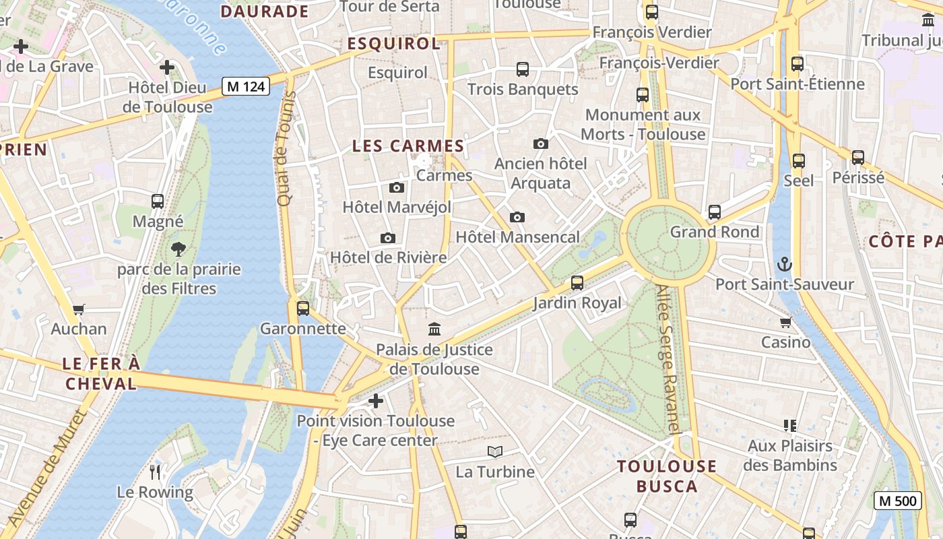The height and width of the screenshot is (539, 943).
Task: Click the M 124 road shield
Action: (x=247, y=86)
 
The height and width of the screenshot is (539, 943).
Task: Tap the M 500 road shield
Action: (x=898, y=501)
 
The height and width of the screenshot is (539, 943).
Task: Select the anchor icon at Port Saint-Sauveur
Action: (x=784, y=264)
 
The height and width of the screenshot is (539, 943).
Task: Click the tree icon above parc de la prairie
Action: (x=178, y=249)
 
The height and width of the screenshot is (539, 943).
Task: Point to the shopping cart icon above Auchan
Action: (x=79, y=309)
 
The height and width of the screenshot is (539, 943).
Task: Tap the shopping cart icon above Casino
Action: (x=785, y=322)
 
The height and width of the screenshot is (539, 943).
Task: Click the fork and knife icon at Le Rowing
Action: (x=155, y=472)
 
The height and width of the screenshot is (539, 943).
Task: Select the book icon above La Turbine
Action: (x=495, y=452)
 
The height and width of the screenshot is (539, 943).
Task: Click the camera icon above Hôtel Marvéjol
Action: (x=397, y=187)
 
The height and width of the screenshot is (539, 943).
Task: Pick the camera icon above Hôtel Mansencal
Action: (x=517, y=217)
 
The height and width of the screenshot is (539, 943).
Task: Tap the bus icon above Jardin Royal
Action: (x=577, y=283)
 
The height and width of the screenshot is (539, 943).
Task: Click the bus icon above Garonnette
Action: (x=303, y=309)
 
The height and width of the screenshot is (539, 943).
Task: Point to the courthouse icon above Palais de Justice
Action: (x=434, y=329)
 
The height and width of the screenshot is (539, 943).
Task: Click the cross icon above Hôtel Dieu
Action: (x=167, y=67)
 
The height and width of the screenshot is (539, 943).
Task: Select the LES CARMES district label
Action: (x=408, y=146)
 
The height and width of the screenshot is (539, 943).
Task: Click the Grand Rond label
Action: (x=714, y=232)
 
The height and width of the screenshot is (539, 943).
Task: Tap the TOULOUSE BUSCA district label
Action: (x=667, y=476)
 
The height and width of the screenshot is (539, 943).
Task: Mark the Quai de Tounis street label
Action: (x=286, y=149)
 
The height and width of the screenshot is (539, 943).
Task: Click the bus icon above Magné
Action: (x=158, y=201)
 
